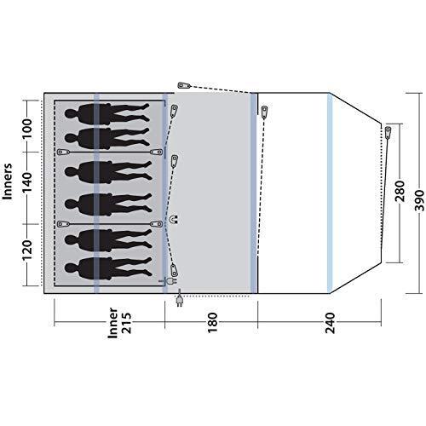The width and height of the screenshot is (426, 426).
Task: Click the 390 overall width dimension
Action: click(x=419, y=201)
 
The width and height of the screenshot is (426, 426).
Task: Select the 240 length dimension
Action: click(x=331, y=323)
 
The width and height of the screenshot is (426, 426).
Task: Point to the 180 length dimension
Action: click(x=212, y=323)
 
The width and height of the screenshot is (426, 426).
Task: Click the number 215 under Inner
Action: click(x=126, y=323)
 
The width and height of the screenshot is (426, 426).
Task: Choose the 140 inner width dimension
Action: click(x=27, y=182)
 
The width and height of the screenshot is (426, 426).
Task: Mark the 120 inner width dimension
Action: click(x=27, y=250)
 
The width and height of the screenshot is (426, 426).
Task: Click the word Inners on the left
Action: click(x=8, y=181)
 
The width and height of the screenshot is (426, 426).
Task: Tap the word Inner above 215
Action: click(x=112, y=323)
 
